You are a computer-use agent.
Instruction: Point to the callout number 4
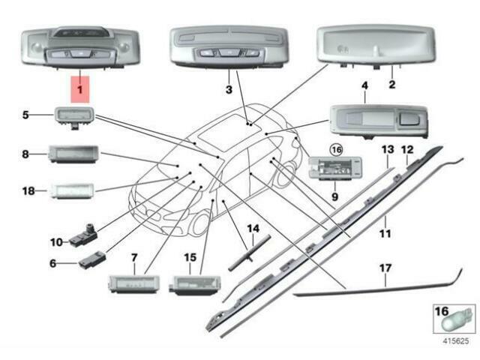click(x=364, y=87)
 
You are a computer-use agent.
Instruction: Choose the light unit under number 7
click(x=133, y=284)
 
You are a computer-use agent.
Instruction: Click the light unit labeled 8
click(x=70, y=154)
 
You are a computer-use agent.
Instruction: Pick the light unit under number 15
click(x=193, y=284)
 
